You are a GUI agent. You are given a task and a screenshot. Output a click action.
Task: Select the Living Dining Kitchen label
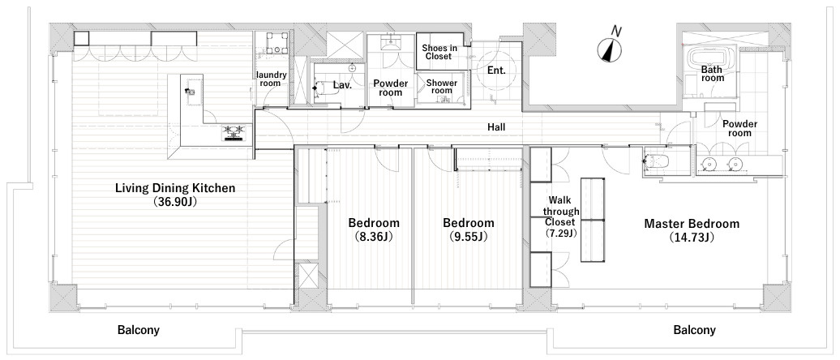pos(176,195)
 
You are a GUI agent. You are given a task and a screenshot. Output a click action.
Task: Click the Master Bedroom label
pos(692,230)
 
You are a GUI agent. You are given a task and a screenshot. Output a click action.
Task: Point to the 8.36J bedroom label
pos(374,229)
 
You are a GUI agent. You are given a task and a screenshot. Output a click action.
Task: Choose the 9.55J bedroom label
pos(468,229)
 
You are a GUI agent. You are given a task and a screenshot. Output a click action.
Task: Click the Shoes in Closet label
pos(439,51)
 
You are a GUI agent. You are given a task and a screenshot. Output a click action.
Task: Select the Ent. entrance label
pos(496,70)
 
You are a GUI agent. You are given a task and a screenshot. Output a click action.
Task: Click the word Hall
pos(496,127)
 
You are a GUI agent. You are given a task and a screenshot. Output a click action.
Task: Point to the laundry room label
pos(272,79)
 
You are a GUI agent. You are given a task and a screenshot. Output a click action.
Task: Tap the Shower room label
pos(442,87)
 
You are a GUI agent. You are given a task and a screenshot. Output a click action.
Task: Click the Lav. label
pos(342,84)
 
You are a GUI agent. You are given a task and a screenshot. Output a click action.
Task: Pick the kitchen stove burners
pos(235,132)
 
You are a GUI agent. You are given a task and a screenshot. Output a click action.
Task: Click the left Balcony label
pos(138,330)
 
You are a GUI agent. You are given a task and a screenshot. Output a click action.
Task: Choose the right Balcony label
pos(694,330)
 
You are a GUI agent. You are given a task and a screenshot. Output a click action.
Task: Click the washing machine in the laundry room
pos(274,44)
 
